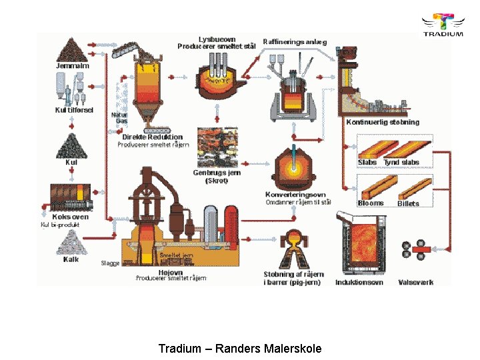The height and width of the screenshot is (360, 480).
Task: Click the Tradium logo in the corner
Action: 442,25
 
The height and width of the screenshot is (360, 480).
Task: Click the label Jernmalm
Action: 72,66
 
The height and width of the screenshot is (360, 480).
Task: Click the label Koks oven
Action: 71,217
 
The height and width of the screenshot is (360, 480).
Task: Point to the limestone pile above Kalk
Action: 71,244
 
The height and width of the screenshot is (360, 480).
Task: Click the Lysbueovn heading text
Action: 216,39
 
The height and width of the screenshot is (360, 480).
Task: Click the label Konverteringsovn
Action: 295,195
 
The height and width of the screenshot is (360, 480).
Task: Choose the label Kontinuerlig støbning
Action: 382,122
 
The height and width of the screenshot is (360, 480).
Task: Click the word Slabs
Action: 367,162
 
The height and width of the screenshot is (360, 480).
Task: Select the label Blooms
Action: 370,203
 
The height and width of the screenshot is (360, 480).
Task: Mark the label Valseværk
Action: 415,282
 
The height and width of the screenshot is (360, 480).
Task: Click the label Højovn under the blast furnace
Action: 171,272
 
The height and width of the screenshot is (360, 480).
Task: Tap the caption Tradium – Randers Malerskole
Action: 240,349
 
